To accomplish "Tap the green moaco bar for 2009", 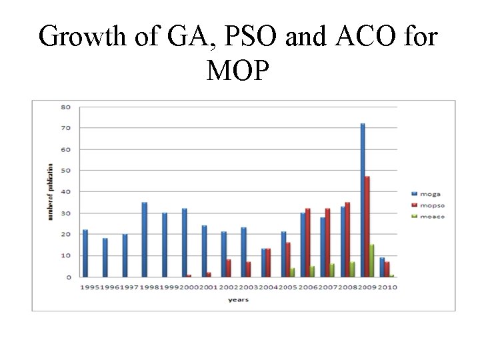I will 372,261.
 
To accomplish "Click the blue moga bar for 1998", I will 144,239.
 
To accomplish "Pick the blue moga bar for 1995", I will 85,253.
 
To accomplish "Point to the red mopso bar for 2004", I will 268,263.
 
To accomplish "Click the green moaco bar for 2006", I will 312,271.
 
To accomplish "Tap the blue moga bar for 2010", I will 382,267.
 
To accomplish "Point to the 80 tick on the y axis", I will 66,107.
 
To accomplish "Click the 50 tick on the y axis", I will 66,171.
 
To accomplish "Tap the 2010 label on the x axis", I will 388,288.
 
